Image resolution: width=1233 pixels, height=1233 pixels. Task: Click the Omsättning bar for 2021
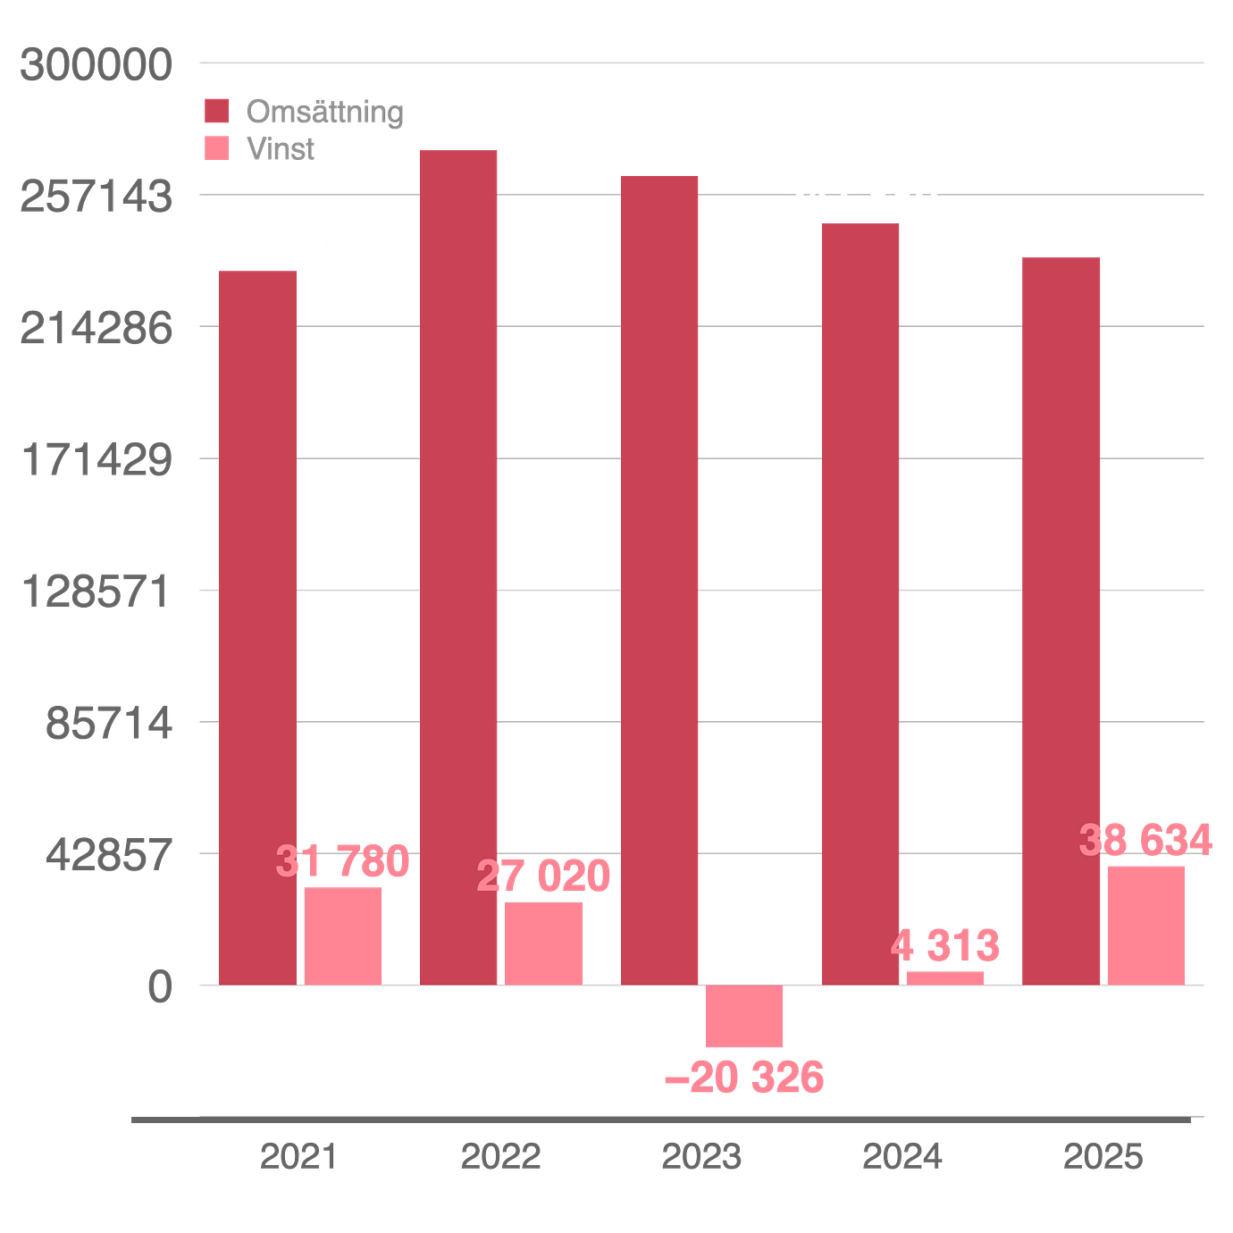258,625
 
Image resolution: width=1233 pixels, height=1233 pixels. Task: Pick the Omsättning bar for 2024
860,603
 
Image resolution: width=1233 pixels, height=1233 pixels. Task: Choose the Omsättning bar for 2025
1061,620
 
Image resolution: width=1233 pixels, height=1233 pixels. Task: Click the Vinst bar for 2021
341,935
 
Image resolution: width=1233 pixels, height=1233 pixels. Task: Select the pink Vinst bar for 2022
542,942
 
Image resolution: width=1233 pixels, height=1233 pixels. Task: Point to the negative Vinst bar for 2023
743,1017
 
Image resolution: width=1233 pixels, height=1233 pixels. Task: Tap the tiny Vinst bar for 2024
945,977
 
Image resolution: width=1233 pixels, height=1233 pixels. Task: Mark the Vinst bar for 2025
1145,924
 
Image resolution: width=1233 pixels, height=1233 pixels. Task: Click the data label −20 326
743,1078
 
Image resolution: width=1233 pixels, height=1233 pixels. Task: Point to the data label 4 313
946,945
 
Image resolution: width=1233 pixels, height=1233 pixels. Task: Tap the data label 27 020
544,875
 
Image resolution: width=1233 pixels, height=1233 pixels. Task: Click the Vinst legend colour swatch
216,148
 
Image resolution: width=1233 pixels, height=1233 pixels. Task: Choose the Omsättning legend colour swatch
216,112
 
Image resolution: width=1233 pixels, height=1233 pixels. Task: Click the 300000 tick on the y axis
96,65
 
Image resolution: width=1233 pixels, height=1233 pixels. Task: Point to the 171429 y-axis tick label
96,460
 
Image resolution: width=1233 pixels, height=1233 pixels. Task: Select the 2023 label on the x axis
700,1156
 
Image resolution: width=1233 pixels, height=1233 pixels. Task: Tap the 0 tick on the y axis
159,986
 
